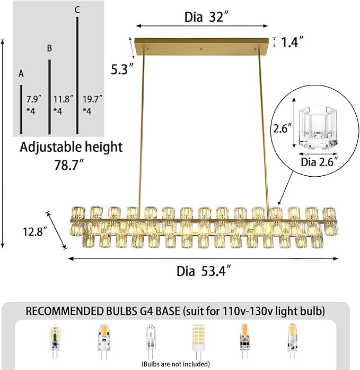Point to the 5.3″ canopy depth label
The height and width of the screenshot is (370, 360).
pos(122,69)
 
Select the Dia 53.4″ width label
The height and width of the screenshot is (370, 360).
pos(204,270)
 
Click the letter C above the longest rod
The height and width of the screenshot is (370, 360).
pos(77,9)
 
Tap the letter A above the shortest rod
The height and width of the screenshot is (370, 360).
pos(21,74)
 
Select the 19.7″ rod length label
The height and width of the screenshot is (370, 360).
pos(92,99)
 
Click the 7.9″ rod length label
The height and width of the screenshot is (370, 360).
pos(34,99)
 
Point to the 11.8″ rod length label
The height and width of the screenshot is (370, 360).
pos(63,99)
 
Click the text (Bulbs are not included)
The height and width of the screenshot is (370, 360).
pos(175,364)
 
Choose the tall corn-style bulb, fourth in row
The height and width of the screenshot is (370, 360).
pos(197,340)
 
